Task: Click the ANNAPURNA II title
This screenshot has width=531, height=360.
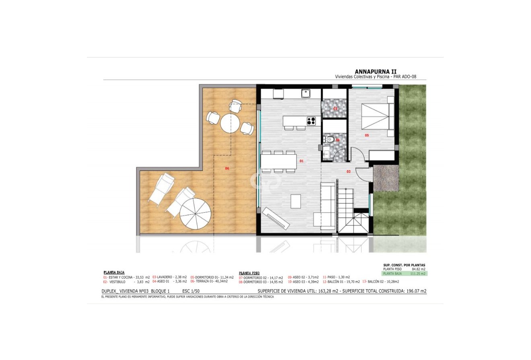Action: pyautogui.click(x=378, y=72)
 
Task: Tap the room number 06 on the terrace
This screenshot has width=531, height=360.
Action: pyautogui.click(x=227, y=168)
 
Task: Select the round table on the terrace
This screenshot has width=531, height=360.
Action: pyautogui.click(x=230, y=123)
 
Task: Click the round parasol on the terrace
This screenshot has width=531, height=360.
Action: pyautogui.click(x=196, y=214)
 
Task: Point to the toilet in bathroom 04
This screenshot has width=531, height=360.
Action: pyautogui.click(x=330, y=140)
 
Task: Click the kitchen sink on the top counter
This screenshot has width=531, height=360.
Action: pyautogui.click(x=306, y=93)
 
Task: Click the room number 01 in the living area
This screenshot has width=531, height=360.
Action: pyautogui.click(x=301, y=161)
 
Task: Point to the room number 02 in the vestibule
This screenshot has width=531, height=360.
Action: pyautogui.click(x=348, y=172)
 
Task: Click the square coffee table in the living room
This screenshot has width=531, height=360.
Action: pyautogui.click(x=296, y=201)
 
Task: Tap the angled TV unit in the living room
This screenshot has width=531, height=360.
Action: pyautogui.click(x=276, y=218)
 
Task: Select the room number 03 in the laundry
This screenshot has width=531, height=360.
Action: pyautogui.click(x=335, y=109)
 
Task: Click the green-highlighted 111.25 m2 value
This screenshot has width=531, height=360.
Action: pyautogui.click(x=419, y=274)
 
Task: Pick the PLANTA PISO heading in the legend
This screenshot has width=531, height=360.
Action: pyautogui.click(x=249, y=272)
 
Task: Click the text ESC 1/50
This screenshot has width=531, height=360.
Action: pyautogui.click(x=191, y=291)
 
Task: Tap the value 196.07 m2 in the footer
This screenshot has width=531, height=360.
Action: pyautogui.click(x=416, y=291)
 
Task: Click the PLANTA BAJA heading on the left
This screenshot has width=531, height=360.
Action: pyautogui.click(x=114, y=272)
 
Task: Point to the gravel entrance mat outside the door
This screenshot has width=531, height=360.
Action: pyautogui.click(x=385, y=177)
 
